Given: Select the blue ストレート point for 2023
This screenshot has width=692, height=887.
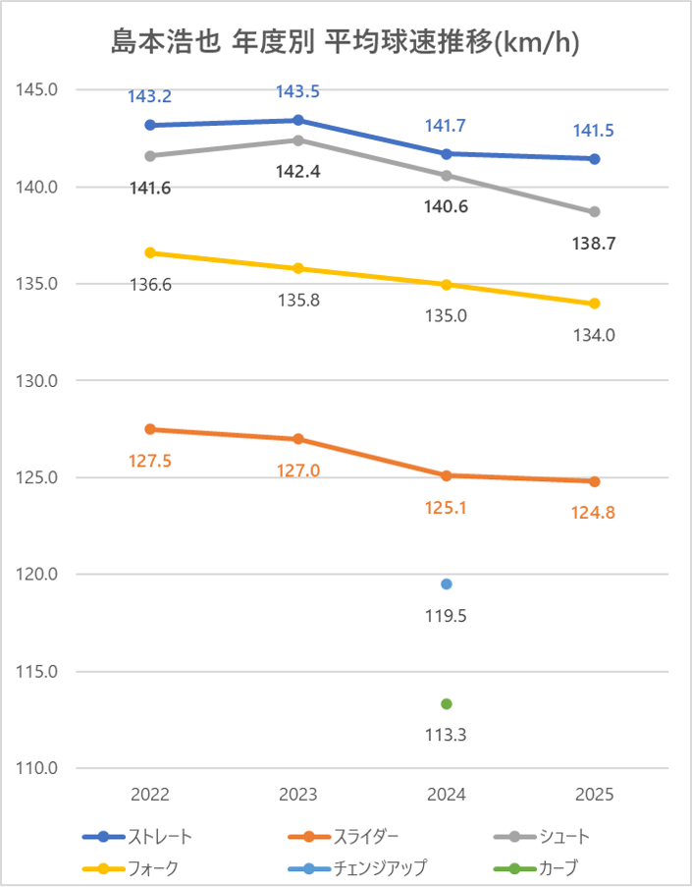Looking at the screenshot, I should pyautogui.click(x=298, y=120).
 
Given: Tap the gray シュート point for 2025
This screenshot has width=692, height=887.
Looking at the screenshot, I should pyautogui.click(x=595, y=212).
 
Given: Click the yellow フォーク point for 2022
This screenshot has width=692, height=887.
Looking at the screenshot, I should pyautogui.click(x=150, y=252).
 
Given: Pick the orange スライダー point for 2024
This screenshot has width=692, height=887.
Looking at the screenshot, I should pyautogui.click(x=447, y=475).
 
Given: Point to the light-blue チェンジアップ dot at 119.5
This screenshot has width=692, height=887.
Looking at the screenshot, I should pyautogui.click(x=447, y=584).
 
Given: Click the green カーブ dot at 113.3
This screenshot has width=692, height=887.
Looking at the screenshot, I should pyautogui.click(x=447, y=703).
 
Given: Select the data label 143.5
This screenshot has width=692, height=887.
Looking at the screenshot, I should pyautogui.click(x=297, y=92).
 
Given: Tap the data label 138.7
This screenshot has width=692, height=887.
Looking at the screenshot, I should pyautogui.click(x=595, y=244).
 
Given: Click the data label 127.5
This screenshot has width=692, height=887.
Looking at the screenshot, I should pyautogui.click(x=150, y=460).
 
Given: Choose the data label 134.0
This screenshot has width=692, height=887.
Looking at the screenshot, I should pyautogui.click(x=595, y=335).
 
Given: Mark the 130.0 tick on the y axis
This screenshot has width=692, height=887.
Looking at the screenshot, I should pyautogui.click(x=38, y=381).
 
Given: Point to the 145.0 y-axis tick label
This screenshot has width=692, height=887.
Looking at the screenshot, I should pyautogui.click(x=38, y=90).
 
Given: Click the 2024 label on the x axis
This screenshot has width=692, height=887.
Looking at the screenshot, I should pyautogui.click(x=447, y=795).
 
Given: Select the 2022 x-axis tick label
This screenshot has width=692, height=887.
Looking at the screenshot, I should pyautogui.click(x=150, y=795).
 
